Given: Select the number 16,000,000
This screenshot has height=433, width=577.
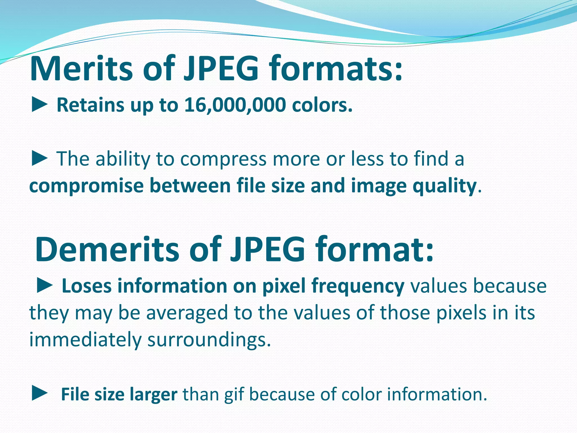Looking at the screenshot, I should pyautogui.click(x=235, y=105).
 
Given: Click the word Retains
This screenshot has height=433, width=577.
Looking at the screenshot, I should pyautogui.click(x=90, y=105).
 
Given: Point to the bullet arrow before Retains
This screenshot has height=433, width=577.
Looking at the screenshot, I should pyautogui.click(x=39, y=105).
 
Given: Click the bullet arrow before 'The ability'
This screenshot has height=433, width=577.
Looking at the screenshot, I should pyautogui.click(x=39, y=158).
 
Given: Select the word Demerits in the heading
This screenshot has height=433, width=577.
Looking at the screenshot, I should pyautogui.click(x=107, y=250).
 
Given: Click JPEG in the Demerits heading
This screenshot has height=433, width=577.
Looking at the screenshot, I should pyautogui.click(x=267, y=250).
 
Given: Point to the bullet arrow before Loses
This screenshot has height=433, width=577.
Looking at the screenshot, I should pyautogui.click(x=45, y=286).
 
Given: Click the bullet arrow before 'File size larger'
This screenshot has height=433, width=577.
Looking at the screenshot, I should pyautogui.click(x=39, y=394).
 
